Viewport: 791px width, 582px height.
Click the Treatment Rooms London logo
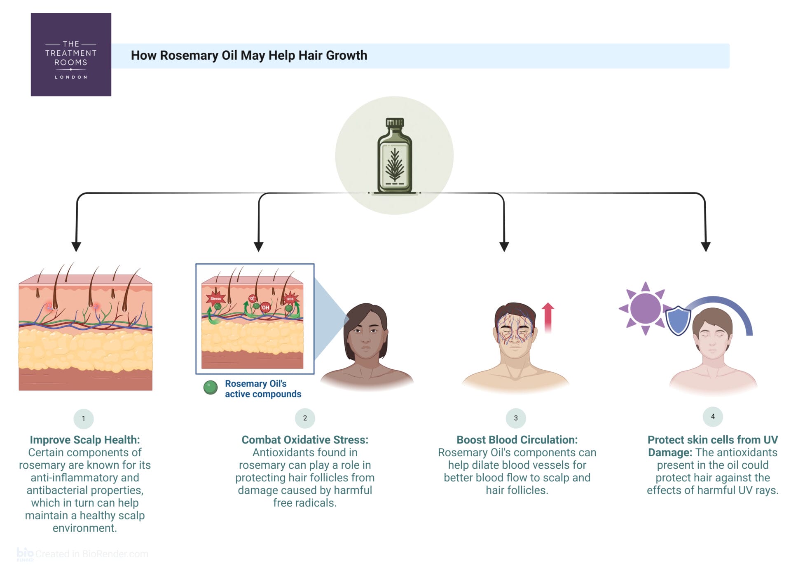71,55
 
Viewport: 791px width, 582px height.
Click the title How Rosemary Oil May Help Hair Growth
249,56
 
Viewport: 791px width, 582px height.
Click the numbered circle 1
84,419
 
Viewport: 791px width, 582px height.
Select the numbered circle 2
305,418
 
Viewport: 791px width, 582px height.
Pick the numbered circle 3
516,418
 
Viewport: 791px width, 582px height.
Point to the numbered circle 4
713,416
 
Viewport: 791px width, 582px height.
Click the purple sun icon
645,308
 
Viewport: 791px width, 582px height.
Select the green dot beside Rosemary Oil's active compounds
211,388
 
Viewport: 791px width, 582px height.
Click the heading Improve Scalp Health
85,440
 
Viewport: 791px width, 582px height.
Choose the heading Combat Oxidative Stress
305,440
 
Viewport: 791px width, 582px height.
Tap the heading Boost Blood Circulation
517,440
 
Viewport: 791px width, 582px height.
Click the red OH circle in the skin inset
265,307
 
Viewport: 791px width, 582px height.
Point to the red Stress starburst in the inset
215,298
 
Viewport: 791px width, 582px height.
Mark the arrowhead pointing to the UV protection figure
706,246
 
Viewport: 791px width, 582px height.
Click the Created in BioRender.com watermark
82,554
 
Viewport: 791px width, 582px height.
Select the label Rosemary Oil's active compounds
263,389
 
